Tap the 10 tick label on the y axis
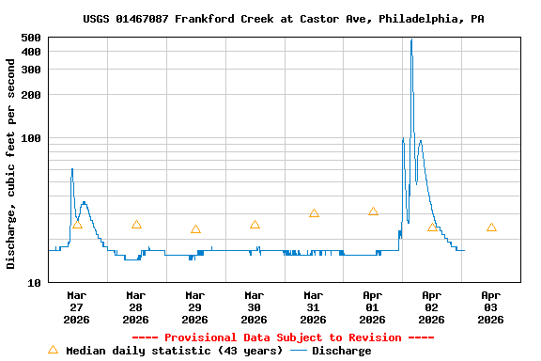coord(34,282)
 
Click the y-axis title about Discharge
coord(11,165)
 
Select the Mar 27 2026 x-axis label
coord(76,306)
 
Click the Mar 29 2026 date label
coord(194,306)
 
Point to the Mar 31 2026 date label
coord(313,306)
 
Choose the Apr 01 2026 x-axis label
coord(372,306)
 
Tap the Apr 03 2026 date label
coord(490,306)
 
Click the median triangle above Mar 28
coord(136,225)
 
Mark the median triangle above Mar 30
coord(255,225)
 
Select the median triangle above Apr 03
coord(491,228)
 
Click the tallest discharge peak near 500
coord(411,40)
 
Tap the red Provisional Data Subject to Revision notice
coord(283,337)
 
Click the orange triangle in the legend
coord(53,350)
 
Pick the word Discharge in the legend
coord(342,351)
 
